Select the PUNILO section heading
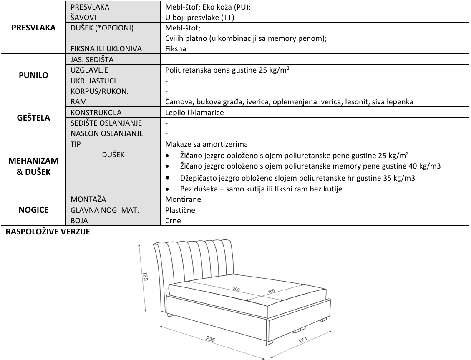(33, 76)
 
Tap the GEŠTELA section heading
(33, 118)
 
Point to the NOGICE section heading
(33, 209)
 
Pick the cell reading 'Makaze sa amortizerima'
(201, 144)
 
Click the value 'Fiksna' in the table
(176, 49)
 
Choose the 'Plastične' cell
(180, 210)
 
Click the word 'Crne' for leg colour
(173, 220)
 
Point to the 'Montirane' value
(183, 199)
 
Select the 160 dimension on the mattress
(272, 291)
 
